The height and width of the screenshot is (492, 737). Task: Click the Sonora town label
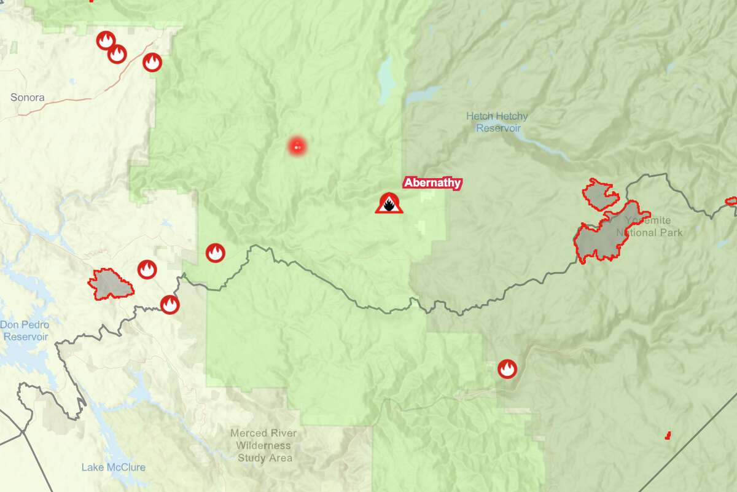pyautogui.click(x=28, y=97)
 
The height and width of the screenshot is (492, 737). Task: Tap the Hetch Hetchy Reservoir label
pyautogui.click(x=497, y=122)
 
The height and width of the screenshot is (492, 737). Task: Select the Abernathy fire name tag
pyautogui.click(x=432, y=182)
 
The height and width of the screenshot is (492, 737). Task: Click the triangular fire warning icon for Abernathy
pyautogui.click(x=389, y=203)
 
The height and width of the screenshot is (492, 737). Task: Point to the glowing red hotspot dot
pyautogui.click(x=297, y=146)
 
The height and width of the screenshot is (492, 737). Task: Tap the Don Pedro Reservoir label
pyautogui.click(x=25, y=330)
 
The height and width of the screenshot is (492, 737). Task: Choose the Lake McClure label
pyautogui.click(x=114, y=467)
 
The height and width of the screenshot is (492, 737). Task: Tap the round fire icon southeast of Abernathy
pyautogui.click(x=507, y=369)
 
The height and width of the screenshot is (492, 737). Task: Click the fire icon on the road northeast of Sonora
pyautogui.click(x=152, y=62)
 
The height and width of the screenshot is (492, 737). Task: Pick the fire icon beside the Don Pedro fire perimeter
pyautogui.click(x=146, y=269)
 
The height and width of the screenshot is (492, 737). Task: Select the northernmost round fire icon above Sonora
pyautogui.click(x=106, y=41)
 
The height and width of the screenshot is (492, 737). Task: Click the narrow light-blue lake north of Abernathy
pyautogui.click(x=387, y=80)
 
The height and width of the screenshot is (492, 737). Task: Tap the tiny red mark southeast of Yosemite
pyautogui.click(x=668, y=435)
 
